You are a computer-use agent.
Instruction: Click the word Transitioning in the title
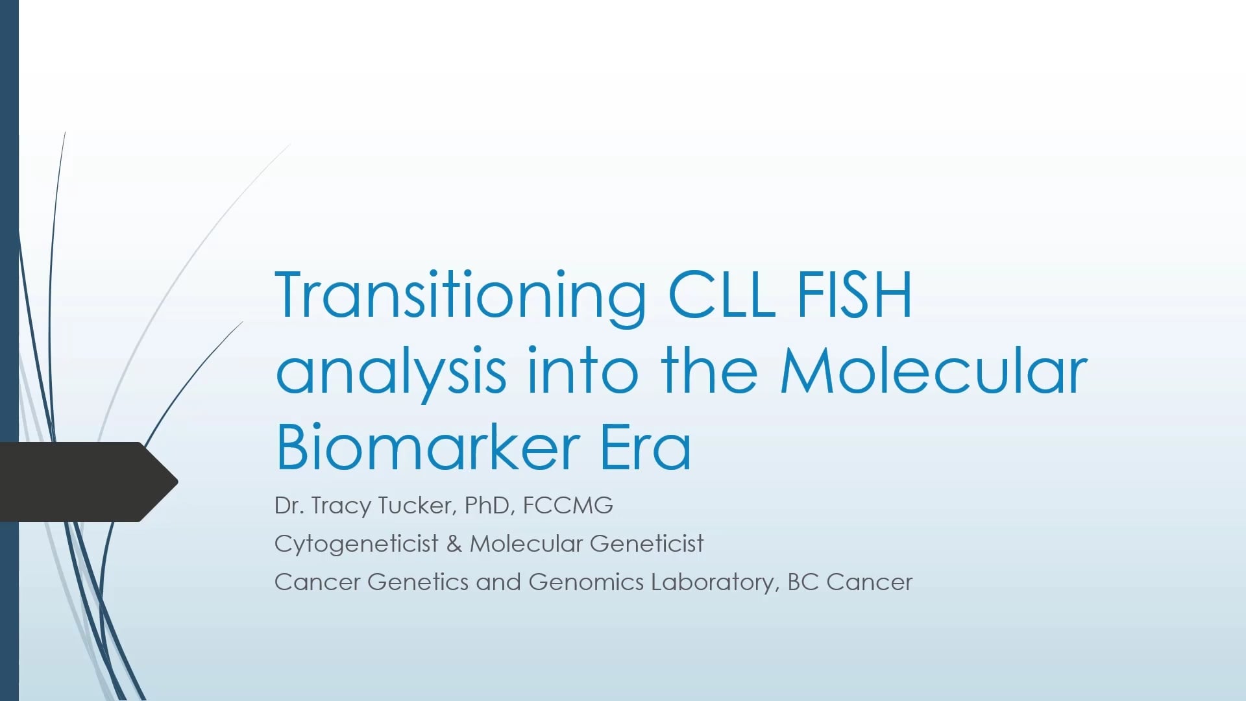pos(460,295)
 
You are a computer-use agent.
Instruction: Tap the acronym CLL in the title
pos(722,295)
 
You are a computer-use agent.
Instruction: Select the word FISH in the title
pos(854,295)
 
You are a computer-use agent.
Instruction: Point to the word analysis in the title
pos(391,372)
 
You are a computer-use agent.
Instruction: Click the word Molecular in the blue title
pos(933,371)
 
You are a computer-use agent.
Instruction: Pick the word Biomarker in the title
pos(428,448)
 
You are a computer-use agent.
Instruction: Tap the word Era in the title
pos(645,448)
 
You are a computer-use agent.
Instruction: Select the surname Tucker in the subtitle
pos(415,505)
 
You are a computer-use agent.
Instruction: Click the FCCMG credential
pos(568,505)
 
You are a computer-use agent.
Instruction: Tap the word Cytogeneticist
pos(356,544)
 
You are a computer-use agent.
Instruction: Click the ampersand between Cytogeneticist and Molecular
pos(454,544)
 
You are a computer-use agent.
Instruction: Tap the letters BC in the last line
pos(803,582)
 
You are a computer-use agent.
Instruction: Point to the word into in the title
pos(583,371)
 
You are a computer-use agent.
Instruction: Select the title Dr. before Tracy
pos(289,506)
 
